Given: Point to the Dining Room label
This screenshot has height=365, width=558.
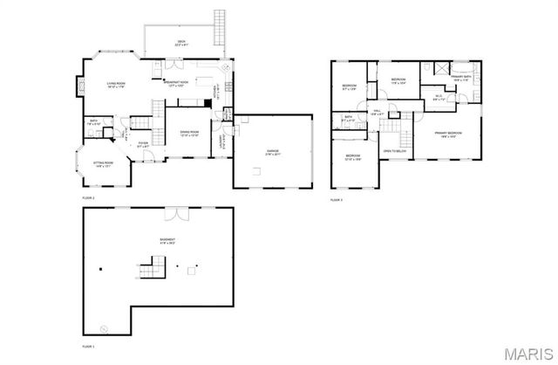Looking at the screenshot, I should pyautogui.click(x=188, y=134).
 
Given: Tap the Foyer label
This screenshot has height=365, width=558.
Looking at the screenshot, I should pyautogui.click(x=143, y=145).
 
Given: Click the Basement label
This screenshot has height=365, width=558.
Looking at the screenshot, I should pyautogui.click(x=167, y=241).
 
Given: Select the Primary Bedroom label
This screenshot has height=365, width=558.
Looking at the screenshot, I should pyautogui.click(x=448, y=134).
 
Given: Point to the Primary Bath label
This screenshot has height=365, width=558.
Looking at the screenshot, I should pyautogui.click(x=462, y=79).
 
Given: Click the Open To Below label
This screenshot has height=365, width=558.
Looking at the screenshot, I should pyautogui.click(x=393, y=150).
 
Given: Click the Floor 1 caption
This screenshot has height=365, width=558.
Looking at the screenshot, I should pyautogui.click(x=88, y=347).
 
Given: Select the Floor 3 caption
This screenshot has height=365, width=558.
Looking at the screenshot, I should pyautogui.click(x=337, y=199).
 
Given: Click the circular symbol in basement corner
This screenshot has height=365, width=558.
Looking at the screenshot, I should pyautogui.click(x=104, y=328).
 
